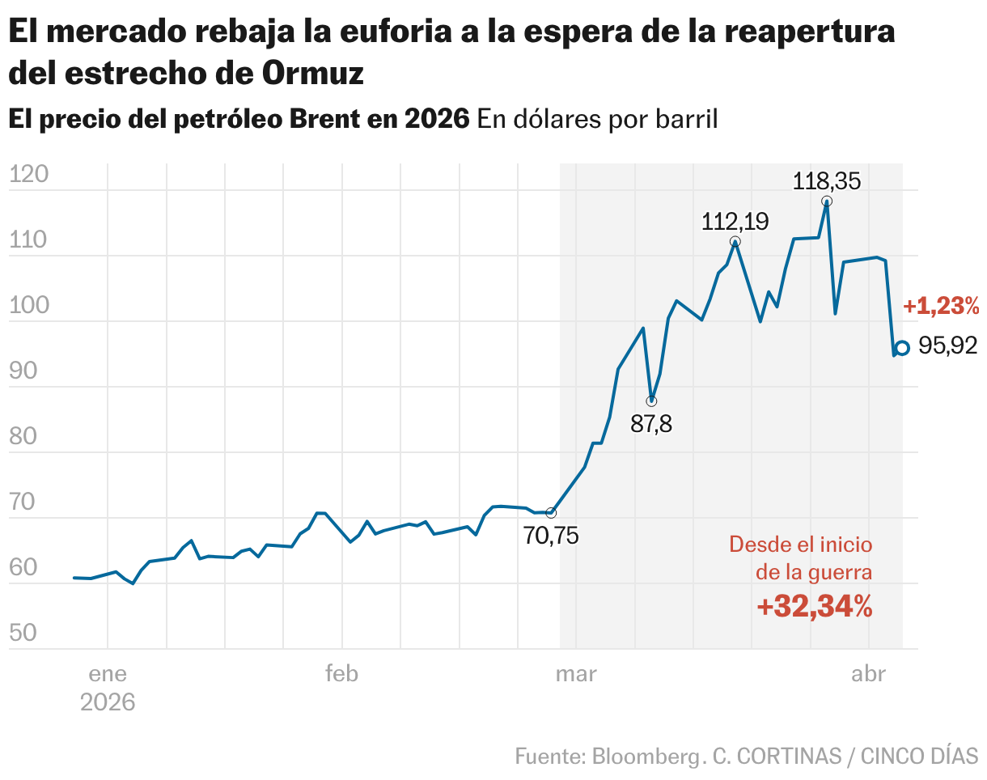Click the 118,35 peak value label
point(826,180)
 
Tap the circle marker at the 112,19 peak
point(735,242)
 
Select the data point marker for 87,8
point(651,401)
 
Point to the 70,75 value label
point(551,536)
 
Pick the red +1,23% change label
point(941,307)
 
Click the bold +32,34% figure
point(815,606)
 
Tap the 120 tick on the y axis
point(29,175)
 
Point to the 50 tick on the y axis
point(23,633)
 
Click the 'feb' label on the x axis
point(341,674)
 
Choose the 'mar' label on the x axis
point(575,674)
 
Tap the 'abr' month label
point(868,674)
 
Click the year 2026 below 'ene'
point(108,702)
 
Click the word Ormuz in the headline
point(312,73)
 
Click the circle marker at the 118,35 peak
point(826,201)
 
